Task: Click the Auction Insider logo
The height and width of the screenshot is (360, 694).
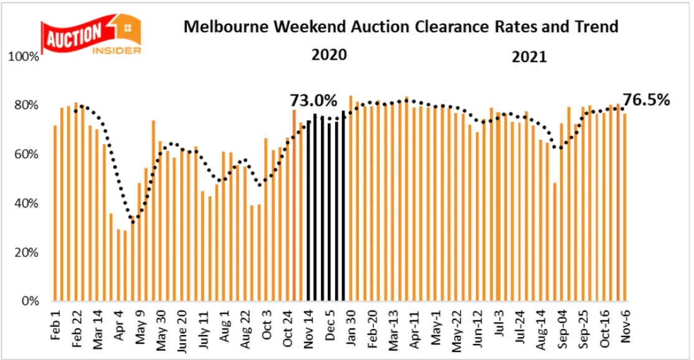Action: click(90, 34)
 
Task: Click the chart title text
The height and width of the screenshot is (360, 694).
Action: click(400, 27)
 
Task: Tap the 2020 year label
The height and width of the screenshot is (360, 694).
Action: click(329, 55)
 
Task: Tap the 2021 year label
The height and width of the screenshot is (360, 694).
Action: click(529, 57)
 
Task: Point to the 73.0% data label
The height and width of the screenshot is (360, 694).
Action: click(313, 100)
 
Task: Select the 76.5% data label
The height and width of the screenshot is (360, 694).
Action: click(647, 100)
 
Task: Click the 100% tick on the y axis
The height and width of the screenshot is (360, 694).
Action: click(26, 57)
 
